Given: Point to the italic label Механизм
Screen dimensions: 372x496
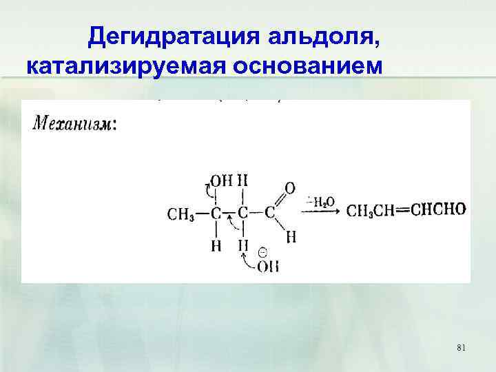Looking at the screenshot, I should click(x=75, y=125).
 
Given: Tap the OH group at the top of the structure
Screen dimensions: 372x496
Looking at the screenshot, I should click(x=222, y=180).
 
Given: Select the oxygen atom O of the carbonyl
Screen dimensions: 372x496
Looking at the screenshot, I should click(x=290, y=187).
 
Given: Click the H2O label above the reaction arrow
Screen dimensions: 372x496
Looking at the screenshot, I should click(x=322, y=202).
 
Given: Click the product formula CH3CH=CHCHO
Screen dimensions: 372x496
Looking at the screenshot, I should click(x=406, y=210).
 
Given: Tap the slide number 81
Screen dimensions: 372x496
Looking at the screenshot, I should click(x=461, y=349).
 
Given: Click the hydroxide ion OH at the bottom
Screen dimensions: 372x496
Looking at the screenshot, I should click(x=268, y=267).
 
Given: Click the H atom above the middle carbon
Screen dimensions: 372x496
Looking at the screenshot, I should click(x=242, y=180).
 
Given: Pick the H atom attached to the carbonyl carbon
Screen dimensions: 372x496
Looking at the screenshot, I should click(x=291, y=236).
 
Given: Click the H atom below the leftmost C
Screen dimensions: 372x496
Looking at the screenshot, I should click(x=216, y=245).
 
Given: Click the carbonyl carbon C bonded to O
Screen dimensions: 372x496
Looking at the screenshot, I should click(x=269, y=213).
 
